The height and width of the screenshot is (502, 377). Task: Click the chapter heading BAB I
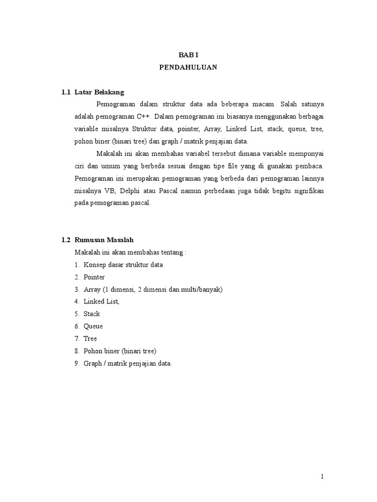click(x=188, y=56)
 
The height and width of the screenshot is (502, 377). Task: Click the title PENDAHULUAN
click(x=188, y=68)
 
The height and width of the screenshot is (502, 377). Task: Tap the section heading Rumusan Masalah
click(x=104, y=240)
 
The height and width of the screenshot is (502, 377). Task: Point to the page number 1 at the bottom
click(x=322, y=477)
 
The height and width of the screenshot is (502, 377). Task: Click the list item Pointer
click(x=94, y=277)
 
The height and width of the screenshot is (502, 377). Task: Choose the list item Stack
click(x=92, y=314)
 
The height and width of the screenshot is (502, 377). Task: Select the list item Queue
click(x=93, y=326)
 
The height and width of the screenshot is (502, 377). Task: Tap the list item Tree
click(x=90, y=338)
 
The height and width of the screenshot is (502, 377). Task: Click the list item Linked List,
click(x=102, y=301)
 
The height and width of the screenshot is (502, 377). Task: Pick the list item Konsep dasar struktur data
click(x=123, y=265)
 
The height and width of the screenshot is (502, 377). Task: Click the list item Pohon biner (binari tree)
click(x=120, y=351)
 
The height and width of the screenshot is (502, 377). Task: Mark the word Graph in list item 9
click(x=92, y=363)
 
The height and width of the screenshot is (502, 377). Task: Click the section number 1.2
click(x=66, y=240)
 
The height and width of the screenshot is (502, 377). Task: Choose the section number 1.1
click(x=66, y=92)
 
